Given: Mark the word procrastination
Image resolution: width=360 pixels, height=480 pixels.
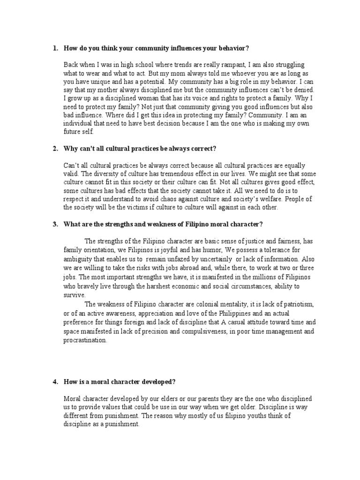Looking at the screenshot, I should (85, 340).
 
